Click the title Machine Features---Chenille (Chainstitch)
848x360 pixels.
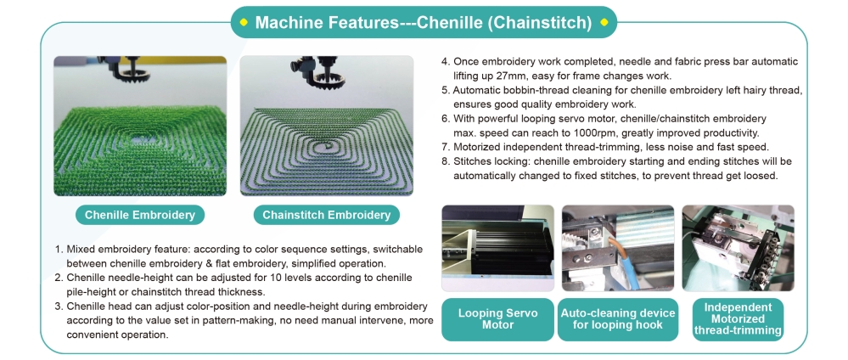(x=424, y=22)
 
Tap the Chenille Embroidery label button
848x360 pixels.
(x=139, y=215)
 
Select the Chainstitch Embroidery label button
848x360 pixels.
(x=326, y=215)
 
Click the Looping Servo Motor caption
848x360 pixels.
(x=497, y=319)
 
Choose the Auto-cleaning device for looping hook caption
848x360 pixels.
(x=618, y=319)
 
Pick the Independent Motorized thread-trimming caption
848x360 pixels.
(x=738, y=319)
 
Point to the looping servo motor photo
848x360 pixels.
(x=497, y=248)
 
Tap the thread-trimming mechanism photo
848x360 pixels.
(x=738, y=248)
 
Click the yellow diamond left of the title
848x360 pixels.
(x=244, y=22)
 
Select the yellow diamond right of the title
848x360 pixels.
(x=604, y=22)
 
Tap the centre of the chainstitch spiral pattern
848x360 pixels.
(x=327, y=145)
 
